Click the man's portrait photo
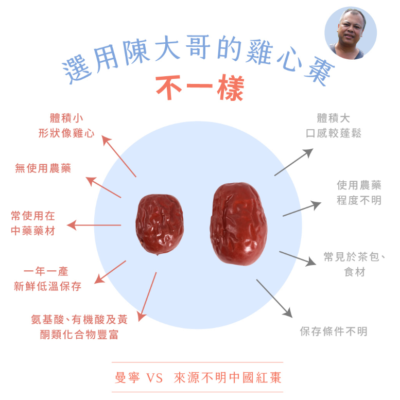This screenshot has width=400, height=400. click(351, 33)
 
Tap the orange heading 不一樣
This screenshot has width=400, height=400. click(200, 89)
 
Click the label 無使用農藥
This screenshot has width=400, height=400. click(43, 168)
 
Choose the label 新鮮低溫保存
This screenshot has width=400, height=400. click(47, 286)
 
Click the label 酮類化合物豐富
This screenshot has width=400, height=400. click(79, 335)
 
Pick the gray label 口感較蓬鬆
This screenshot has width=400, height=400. click(333, 133)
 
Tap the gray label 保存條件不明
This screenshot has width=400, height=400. click(334, 332)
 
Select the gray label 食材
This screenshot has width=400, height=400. click(355, 272)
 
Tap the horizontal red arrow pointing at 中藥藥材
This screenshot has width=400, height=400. click(94, 225)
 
